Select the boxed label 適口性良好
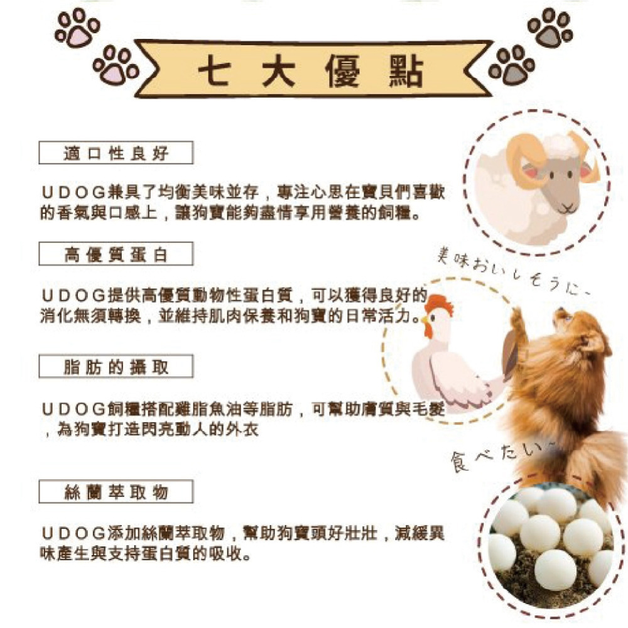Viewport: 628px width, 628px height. tap(116, 153)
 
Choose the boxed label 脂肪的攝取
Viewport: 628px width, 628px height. tap(116, 367)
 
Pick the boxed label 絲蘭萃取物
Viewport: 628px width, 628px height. tap(116, 492)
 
